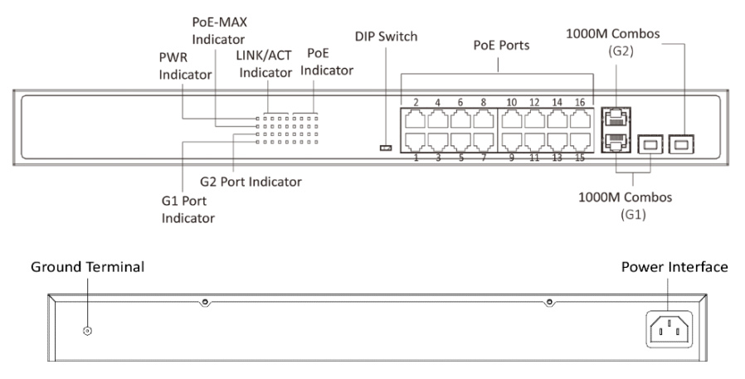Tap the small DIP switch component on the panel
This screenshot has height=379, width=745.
385,148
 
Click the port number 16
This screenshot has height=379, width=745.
580,102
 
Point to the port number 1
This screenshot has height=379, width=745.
416,158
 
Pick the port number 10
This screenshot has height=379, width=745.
512,102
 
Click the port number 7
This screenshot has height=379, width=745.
484,158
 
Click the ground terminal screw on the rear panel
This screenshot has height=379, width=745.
88,331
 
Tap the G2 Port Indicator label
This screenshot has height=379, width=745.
251,181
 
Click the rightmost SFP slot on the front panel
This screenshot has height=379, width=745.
683,145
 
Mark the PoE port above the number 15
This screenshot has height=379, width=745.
579,142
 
